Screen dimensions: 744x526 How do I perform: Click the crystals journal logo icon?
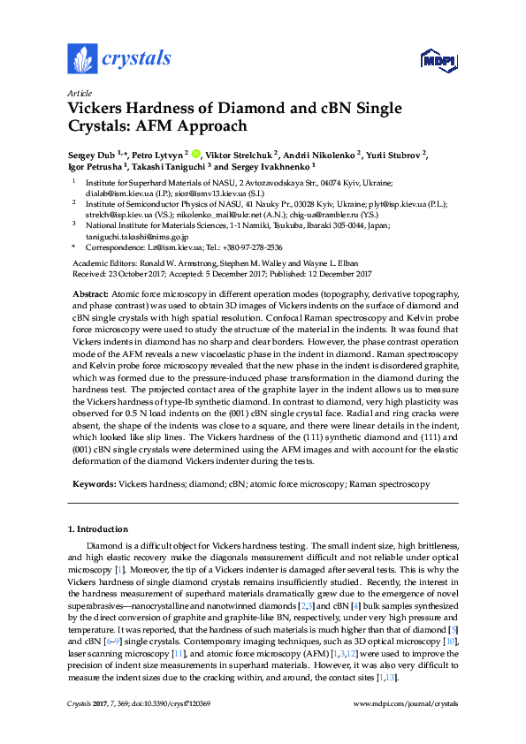(82, 59)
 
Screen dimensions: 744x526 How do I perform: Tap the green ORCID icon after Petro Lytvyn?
(196, 153)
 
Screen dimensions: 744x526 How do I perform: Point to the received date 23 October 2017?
(138, 273)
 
